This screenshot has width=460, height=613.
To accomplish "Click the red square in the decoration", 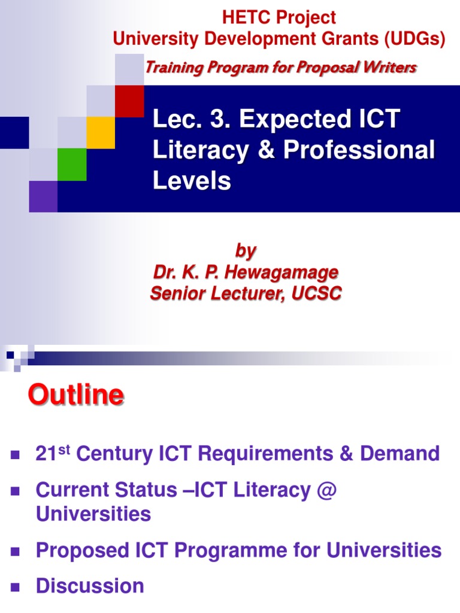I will coord(129,101).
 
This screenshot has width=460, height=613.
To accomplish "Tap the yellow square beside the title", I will coord(101,132).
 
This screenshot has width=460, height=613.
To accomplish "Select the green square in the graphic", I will coord(72,164).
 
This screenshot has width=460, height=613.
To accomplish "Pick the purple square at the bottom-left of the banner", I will coord(43,196).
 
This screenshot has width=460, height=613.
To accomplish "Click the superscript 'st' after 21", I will coord(64,448).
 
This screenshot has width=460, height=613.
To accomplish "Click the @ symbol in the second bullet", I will coord(328,490).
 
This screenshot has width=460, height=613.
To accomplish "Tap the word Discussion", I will coord(90,585).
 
